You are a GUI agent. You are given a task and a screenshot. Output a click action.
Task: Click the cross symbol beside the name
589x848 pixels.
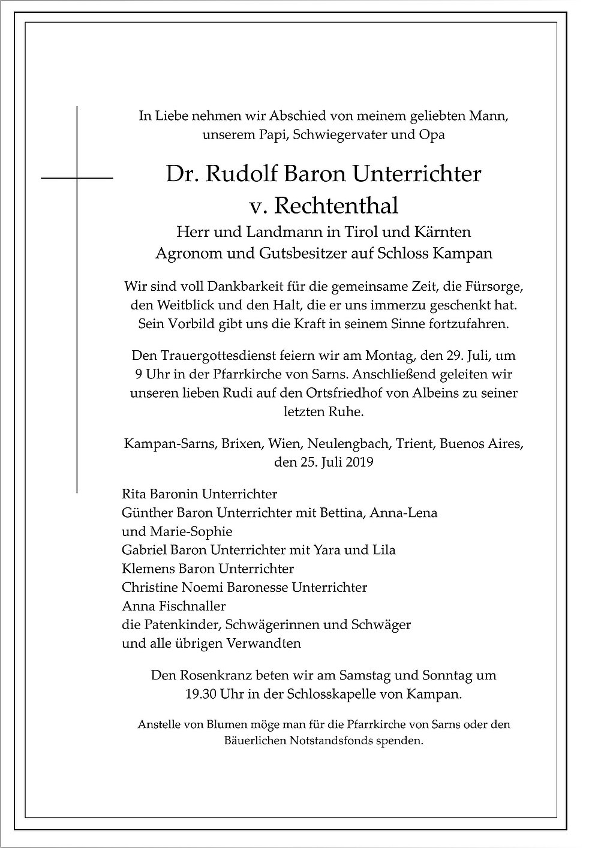tap(77, 178)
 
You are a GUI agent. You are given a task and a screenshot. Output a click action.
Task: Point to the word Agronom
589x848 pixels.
tap(182, 253)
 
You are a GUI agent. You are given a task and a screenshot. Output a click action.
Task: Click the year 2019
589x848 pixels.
tap(356, 462)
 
